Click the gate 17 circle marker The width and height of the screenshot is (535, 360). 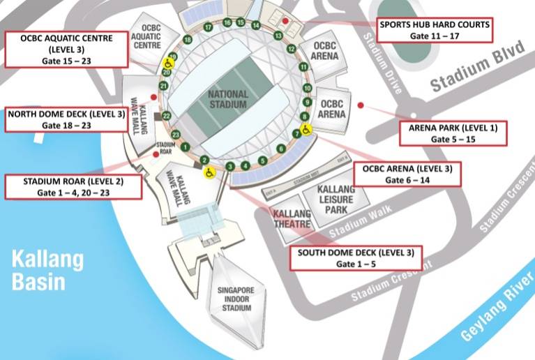[208, 27]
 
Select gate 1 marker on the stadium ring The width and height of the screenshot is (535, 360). [185, 147]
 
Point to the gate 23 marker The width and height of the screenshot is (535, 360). [176, 134]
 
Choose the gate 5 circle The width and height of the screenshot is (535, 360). [262, 160]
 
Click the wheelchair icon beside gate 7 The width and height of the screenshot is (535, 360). [306, 130]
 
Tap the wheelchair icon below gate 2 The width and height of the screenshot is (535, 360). [208, 174]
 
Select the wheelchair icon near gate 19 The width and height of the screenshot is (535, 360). [168, 63]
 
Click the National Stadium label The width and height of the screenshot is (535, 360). [229, 100]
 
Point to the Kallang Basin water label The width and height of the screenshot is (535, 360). [47, 271]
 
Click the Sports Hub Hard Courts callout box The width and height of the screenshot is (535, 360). [435, 29]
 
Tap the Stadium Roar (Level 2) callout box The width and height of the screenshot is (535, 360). [73, 186]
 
